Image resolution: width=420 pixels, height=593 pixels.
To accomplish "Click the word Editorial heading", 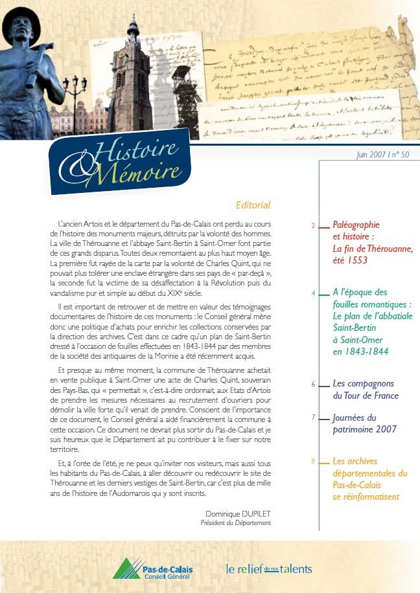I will click(253, 205).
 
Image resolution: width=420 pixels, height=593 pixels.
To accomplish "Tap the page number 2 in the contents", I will click(313, 225).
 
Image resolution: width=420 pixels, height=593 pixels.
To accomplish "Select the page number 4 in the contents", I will click(313, 293).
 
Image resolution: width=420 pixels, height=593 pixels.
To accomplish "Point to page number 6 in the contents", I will click(313, 384).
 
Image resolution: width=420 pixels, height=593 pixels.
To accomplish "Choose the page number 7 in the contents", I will click(313, 418).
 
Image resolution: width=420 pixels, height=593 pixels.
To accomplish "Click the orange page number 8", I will click(313, 462).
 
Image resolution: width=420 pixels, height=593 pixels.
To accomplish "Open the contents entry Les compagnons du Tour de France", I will click(365, 390).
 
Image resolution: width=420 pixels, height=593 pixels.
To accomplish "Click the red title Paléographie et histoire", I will click(356, 230).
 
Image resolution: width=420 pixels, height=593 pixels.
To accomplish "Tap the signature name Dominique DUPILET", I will click(238, 513).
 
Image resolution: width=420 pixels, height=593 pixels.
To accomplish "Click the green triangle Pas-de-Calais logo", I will click(126, 568).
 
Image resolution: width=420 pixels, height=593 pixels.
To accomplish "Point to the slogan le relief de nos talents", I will click(268, 569).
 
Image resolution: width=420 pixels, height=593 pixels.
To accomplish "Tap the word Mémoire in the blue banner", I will click(146, 173).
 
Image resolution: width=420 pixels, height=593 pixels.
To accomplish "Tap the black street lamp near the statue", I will click(75, 91).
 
